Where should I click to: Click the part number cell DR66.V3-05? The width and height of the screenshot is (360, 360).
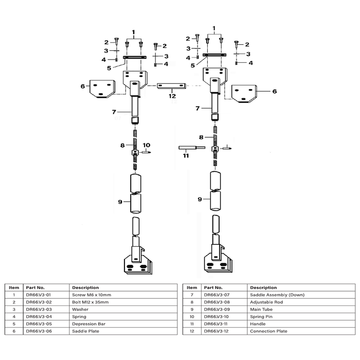39,324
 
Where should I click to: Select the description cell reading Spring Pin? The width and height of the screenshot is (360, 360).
261,317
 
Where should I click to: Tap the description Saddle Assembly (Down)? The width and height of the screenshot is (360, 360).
277,295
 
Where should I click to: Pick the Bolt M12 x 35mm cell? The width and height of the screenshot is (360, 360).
90,302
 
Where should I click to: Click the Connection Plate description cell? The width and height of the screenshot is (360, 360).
268,331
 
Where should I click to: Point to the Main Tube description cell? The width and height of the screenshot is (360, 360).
261,309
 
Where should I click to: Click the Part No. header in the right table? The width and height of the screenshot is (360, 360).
213,287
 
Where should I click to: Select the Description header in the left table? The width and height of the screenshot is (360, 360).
85,287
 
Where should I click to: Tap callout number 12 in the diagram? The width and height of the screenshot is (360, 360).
172,96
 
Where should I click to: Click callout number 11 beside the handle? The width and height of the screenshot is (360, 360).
186,156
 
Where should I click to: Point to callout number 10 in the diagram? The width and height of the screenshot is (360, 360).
146,145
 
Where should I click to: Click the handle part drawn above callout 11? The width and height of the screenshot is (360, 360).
192,148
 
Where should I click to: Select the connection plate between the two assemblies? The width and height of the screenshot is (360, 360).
171,86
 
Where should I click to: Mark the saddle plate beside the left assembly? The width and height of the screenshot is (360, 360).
102,89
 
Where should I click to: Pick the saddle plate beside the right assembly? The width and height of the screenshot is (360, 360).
244,94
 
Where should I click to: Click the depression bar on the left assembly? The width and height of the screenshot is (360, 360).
135,57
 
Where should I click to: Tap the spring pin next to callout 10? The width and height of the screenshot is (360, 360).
146,152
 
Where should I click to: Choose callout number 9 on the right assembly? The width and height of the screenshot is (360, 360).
200,200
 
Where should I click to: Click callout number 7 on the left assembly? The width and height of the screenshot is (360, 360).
114,112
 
